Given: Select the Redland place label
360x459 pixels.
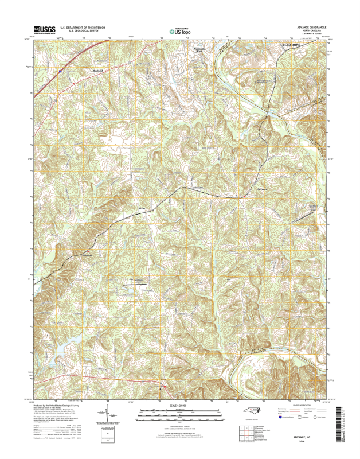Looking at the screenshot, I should (99, 71).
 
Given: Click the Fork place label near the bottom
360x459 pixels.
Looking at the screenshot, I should (163, 380).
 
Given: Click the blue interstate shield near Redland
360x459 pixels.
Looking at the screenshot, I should (61, 72).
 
